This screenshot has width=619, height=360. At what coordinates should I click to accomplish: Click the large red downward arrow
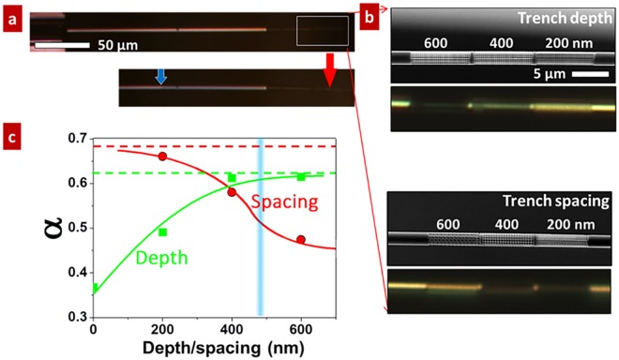[328, 72]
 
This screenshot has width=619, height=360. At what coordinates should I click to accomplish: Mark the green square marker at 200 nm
[163, 232]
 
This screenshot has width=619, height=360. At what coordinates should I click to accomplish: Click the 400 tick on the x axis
[232, 328]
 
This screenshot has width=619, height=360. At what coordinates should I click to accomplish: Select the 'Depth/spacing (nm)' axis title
[214, 347]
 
